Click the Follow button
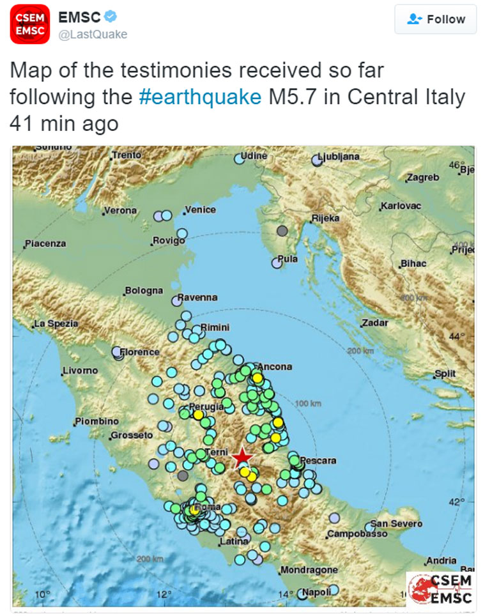435,19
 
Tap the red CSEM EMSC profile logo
29,24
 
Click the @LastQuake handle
93,35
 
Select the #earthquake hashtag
200,96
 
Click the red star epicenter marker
242,458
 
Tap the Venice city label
200,210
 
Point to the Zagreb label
422,177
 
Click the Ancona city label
275,367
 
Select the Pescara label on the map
318,460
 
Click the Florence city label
140,352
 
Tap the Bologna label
144,291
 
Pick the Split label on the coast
445,374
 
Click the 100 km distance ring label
309,404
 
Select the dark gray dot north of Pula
282,231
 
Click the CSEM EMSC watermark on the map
441,589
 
